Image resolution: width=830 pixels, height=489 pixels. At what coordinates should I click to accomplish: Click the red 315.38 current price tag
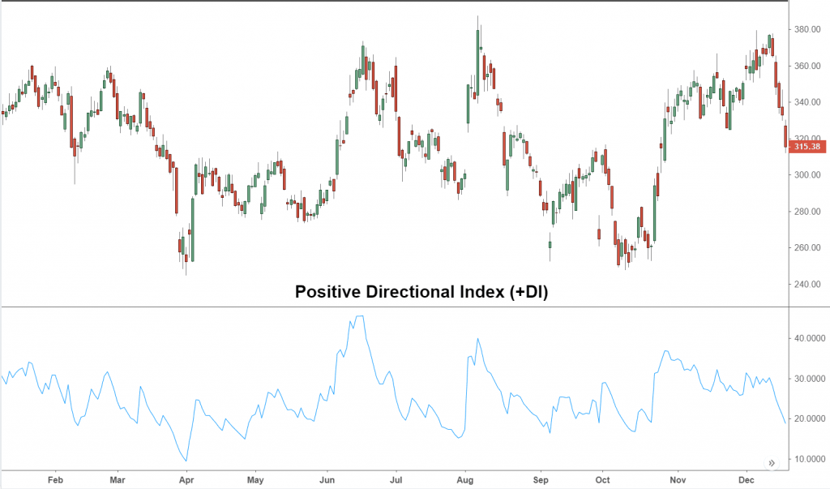pyautogui.click(x=807, y=147)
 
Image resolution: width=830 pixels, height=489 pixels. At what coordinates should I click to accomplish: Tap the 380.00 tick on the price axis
pyautogui.click(x=807, y=30)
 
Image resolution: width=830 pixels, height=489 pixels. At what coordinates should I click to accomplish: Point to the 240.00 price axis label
pyautogui.click(x=807, y=284)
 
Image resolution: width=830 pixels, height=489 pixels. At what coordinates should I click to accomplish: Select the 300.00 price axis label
pyautogui.click(x=807, y=175)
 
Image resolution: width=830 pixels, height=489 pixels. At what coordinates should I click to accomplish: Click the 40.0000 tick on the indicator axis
pyautogui.click(x=810, y=338)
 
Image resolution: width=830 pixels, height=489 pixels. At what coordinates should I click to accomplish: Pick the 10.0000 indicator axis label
pyautogui.click(x=810, y=459)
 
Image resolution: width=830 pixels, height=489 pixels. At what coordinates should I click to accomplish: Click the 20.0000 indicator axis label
pyautogui.click(x=810, y=418)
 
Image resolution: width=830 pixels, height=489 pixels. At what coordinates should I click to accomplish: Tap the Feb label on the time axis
pyautogui.click(x=55, y=480)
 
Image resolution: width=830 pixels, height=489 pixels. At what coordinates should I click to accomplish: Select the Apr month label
pyautogui.click(x=186, y=480)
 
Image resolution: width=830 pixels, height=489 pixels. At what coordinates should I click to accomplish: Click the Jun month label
pyautogui.click(x=327, y=480)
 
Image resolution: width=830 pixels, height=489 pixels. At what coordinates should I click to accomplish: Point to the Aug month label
pyautogui.click(x=464, y=480)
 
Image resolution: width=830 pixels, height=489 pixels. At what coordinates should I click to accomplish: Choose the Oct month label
pyautogui.click(x=602, y=480)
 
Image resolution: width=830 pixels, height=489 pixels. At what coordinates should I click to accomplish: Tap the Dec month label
pyautogui.click(x=747, y=480)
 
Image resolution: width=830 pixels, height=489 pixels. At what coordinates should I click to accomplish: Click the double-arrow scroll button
pyautogui.click(x=772, y=463)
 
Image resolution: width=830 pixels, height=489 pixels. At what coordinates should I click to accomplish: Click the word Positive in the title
pyautogui.click(x=327, y=292)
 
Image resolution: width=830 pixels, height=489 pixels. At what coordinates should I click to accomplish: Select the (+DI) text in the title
pyautogui.click(x=528, y=292)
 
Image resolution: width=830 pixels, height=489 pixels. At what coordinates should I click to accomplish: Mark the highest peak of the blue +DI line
pyautogui.click(x=360, y=315)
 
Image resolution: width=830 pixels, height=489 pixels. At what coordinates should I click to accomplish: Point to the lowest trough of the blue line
pyautogui.click(x=186, y=461)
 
